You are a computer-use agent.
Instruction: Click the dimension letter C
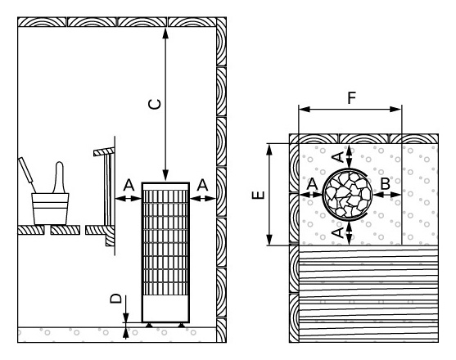[x=155, y=104]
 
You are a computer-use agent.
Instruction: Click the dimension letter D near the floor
[x=116, y=299]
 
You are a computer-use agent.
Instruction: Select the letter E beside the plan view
[x=258, y=195]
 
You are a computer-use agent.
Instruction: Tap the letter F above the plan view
[x=352, y=97]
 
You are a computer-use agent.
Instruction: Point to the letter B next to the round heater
[x=386, y=183]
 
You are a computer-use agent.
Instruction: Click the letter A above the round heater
[x=338, y=157]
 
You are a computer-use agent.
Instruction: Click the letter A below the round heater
[x=337, y=232]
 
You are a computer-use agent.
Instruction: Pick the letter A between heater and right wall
[x=202, y=185]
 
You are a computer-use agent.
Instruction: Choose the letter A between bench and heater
[x=129, y=185]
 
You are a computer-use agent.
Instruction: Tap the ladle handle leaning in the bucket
[x=27, y=174]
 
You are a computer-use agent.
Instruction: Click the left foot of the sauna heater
[x=149, y=325]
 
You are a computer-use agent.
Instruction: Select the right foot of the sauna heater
[x=182, y=325]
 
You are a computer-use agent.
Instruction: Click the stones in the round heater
[x=347, y=194]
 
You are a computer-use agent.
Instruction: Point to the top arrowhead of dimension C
[x=165, y=33]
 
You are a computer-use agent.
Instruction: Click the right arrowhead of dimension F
[x=395, y=110]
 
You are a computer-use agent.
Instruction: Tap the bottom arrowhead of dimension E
[x=269, y=240]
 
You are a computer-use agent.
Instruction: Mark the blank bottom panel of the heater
[x=165, y=308]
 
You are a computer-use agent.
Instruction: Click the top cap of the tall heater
[x=165, y=187]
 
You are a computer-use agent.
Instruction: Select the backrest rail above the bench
[x=104, y=151]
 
